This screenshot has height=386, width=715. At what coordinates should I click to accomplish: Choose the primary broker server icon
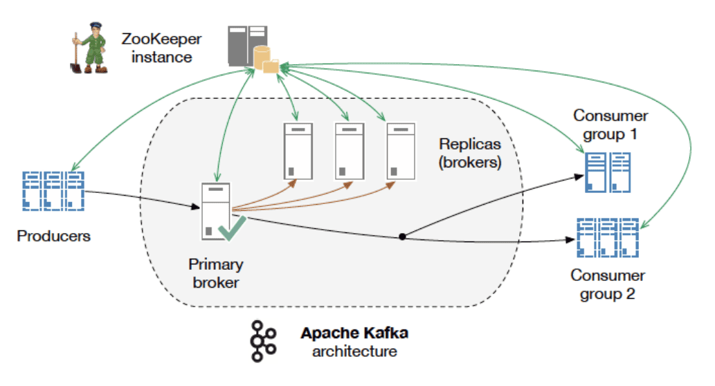215,212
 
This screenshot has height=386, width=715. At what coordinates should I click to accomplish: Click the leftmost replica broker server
296,151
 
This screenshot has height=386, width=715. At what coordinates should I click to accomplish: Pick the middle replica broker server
348,151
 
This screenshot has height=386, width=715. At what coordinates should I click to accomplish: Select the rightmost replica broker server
400,151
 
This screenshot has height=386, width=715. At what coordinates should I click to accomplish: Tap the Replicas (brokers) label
471,154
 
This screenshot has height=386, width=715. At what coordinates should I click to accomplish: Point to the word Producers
54,236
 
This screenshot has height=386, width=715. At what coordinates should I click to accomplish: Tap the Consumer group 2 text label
608,284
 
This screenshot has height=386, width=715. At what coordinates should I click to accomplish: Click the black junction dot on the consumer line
402,237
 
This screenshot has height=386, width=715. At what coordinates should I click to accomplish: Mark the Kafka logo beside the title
264,341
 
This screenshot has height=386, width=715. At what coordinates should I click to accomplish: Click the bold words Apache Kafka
354,333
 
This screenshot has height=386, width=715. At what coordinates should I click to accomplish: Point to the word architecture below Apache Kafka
354,351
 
